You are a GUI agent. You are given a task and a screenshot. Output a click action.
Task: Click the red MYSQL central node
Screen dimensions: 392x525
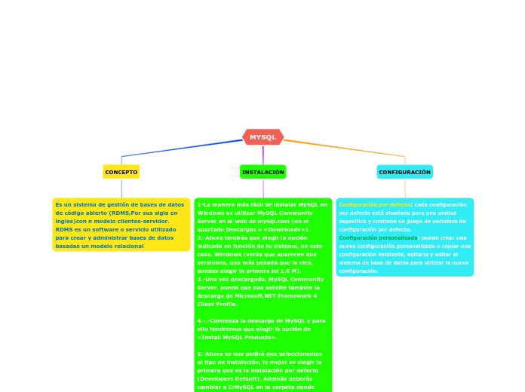[x=262, y=137]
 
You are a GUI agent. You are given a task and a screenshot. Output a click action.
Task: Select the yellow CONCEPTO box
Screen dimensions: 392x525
[x=121, y=172]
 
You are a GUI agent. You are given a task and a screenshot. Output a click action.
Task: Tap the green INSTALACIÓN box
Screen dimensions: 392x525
[x=262, y=172]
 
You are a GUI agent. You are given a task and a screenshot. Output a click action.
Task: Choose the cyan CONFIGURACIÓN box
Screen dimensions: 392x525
[x=404, y=172]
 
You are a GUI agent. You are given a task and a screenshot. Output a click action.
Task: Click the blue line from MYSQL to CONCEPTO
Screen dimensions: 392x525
[x=181, y=148]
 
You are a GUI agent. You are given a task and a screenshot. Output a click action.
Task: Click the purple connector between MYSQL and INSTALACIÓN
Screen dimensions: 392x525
[x=262, y=155]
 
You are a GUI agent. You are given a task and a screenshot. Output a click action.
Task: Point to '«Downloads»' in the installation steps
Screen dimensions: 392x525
[x=276, y=229]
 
